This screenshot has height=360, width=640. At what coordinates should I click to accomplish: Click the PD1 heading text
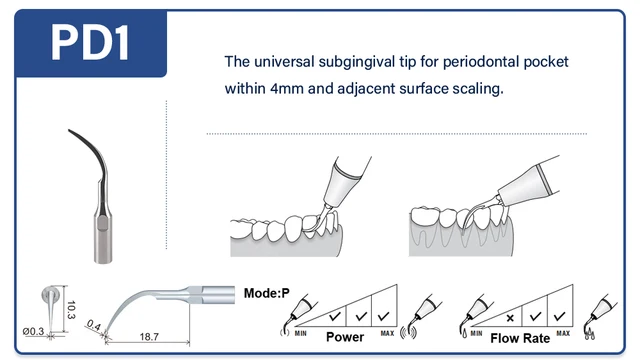coord(90,43)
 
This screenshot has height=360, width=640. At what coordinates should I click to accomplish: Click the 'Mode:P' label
coord(267,293)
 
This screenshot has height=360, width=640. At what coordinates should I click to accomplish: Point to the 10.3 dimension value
coord(71,310)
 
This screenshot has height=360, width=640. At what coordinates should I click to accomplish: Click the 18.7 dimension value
coord(149,337)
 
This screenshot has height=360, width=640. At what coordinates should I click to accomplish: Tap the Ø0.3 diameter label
coord(33,331)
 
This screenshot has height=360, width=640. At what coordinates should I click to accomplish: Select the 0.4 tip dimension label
coord(94,325)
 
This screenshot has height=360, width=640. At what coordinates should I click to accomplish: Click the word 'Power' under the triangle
coord(345,337)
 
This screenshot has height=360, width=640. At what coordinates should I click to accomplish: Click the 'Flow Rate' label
coord(520,338)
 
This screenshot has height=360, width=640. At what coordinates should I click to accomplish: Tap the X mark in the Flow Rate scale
coord(510,318)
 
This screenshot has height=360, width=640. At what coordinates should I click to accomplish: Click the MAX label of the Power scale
coord(387,333)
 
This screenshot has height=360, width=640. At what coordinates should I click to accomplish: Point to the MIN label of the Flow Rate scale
coord(476,333)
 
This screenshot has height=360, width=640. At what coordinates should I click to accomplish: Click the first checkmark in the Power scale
coord(335,316)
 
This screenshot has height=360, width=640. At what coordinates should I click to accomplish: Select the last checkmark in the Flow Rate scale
coord(560,316)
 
